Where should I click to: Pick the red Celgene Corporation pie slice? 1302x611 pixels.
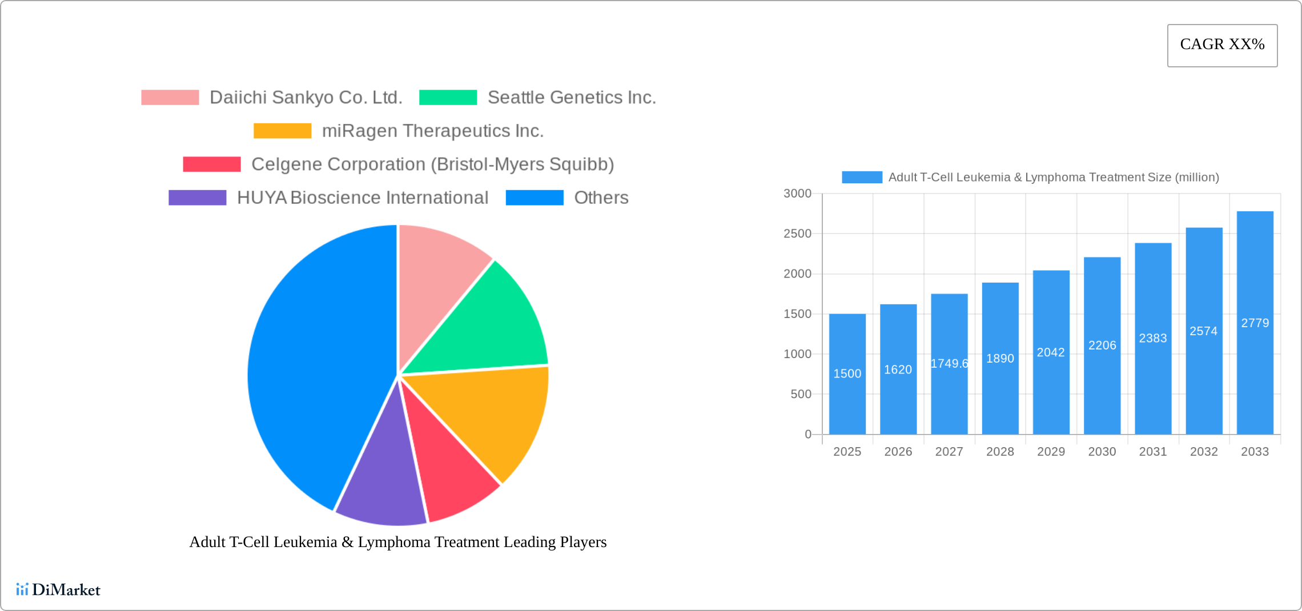[x=451, y=468]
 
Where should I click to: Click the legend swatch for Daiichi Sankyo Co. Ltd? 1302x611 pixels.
[x=170, y=98]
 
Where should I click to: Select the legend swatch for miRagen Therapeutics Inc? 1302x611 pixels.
[x=283, y=131]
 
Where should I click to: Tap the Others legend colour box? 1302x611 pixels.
[x=535, y=198]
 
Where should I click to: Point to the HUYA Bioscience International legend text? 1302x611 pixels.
[x=363, y=198]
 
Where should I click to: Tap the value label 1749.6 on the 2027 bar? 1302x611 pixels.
[x=949, y=364]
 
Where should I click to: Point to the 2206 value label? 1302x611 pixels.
[x=1102, y=345]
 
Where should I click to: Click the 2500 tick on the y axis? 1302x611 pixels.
[x=797, y=234]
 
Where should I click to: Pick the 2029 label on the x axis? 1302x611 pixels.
[x=1051, y=452]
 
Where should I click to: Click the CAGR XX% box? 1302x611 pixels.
[x=1222, y=45]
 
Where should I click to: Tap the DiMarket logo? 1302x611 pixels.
[x=58, y=590]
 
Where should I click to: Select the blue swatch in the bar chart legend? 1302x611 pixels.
[x=862, y=178]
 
